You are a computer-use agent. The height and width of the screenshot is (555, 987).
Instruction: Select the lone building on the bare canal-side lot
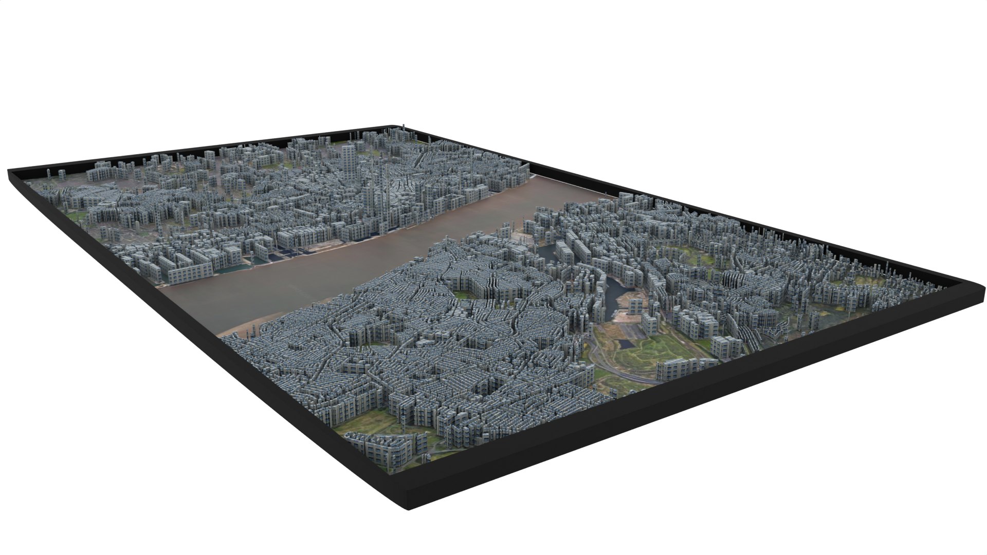click(634, 306)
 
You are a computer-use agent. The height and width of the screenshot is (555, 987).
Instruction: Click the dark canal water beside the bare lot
click(611, 303)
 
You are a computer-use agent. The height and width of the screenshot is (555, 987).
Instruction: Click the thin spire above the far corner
click(404, 125)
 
